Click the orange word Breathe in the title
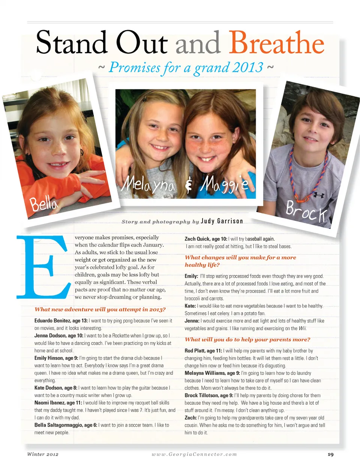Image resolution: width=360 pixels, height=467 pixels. point(276,43)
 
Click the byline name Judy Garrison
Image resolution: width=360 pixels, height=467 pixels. point(222,221)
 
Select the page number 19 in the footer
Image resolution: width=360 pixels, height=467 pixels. point(330,454)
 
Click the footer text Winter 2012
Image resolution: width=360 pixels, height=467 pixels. point(43,454)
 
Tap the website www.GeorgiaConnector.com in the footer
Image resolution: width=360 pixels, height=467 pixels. point(194,454)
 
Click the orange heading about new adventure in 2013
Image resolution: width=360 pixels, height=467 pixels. point(100,309)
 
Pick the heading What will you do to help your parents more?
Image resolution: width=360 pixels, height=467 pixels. point(247,339)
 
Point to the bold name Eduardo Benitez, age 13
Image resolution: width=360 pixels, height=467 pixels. point(61,321)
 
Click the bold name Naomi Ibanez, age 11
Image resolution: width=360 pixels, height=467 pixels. point(58,402)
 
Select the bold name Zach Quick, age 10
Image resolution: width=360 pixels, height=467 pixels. point(206,239)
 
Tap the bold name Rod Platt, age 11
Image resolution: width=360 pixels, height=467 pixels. point(203,351)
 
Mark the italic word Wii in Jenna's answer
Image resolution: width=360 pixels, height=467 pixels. point(302,328)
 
